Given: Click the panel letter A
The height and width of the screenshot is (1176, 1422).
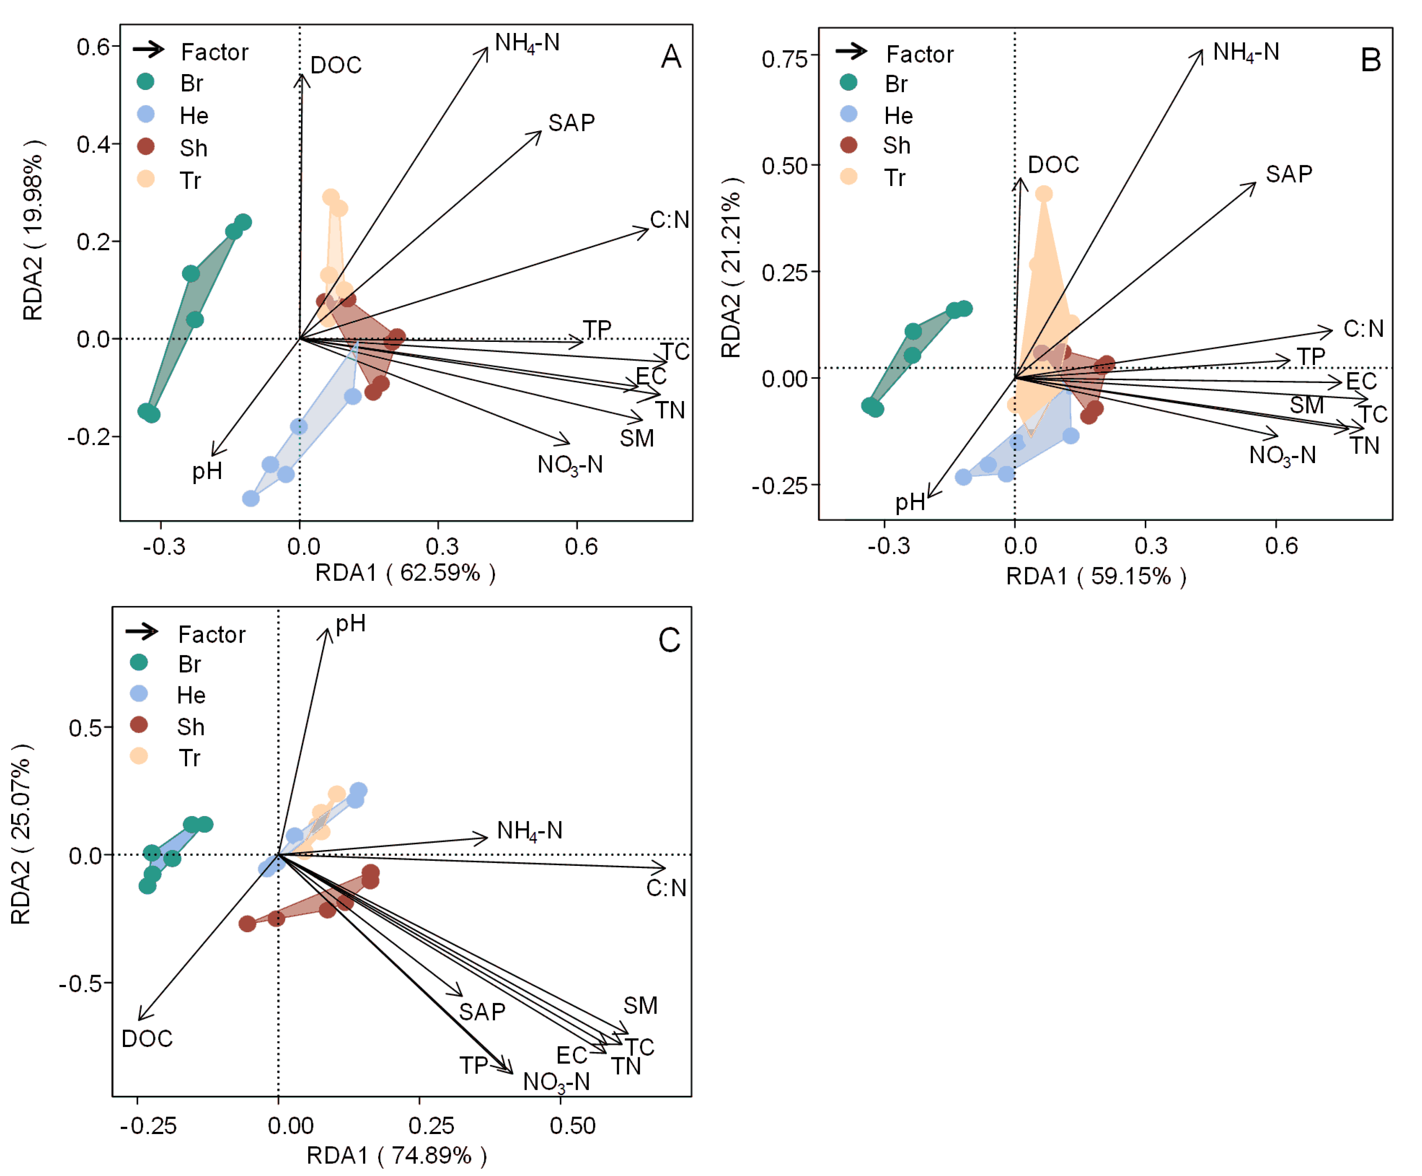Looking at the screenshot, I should click(x=671, y=57).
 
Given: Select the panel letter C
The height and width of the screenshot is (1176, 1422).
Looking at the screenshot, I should click(x=669, y=640).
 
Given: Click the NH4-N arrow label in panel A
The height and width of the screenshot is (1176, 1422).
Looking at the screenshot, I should click(x=527, y=43).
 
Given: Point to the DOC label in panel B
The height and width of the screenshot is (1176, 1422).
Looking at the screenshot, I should click(x=1053, y=165).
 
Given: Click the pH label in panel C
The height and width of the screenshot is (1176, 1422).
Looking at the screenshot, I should click(x=351, y=624).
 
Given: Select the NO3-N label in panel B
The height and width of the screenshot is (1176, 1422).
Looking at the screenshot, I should click(x=1282, y=455).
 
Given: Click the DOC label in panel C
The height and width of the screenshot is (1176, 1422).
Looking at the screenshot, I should click(x=147, y=1038).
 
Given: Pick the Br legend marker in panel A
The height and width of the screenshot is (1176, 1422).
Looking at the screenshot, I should click(x=146, y=82).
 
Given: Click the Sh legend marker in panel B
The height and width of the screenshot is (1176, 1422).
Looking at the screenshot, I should click(x=849, y=145).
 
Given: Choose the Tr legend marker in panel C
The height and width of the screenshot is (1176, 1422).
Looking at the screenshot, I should click(x=139, y=757).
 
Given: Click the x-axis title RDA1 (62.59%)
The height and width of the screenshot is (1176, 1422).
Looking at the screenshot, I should click(x=405, y=573).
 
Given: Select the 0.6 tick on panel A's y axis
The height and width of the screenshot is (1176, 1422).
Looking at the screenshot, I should click(x=93, y=48).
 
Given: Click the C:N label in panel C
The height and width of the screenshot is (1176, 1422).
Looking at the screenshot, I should click(x=666, y=888).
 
